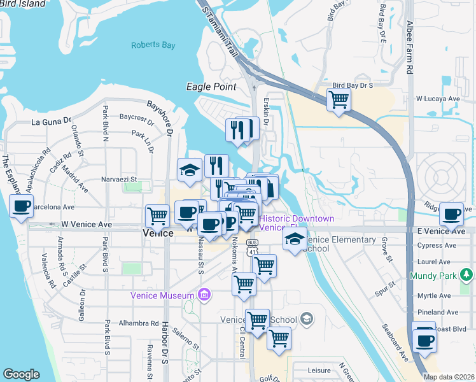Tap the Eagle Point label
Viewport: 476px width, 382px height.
click(x=211, y=87)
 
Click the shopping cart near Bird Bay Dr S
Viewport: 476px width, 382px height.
click(x=339, y=99)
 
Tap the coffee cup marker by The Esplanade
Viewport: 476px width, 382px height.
click(x=21, y=206)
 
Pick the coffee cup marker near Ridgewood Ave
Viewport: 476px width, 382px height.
click(x=451, y=215)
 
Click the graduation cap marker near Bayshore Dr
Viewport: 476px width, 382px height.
click(x=190, y=170)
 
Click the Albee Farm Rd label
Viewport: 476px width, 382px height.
click(x=410, y=48)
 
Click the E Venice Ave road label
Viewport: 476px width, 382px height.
click(x=444, y=230)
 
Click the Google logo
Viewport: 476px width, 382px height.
click(x=21, y=374)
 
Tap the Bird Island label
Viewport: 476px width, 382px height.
click(x=23, y=4)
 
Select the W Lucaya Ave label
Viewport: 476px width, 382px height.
click(x=437, y=99)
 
